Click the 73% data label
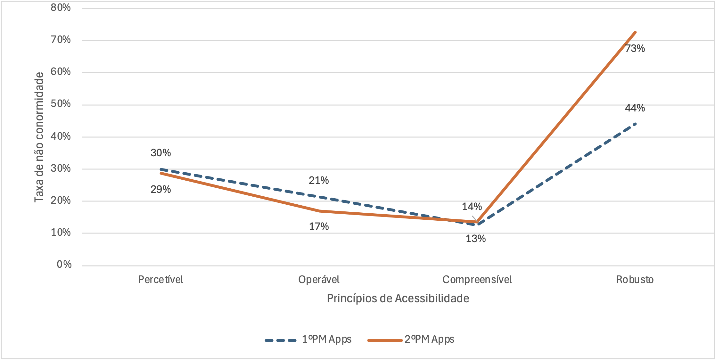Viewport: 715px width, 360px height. point(635,48)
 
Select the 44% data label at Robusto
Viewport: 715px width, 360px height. point(635,108)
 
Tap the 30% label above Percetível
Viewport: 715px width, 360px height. point(160,153)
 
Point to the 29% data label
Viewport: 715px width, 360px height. point(160,189)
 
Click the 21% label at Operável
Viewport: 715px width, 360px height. point(319,180)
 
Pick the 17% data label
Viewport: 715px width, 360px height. point(319,226)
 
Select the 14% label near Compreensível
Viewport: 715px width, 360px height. point(472,207)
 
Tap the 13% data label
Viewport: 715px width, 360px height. point(475,239)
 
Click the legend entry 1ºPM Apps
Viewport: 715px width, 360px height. point(326,339)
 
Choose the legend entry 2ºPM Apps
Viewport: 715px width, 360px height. point(429,339)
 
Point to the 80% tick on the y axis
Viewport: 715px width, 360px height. point(61,7)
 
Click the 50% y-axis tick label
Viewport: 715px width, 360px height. point(61,104)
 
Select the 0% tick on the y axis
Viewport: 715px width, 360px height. point(64,264)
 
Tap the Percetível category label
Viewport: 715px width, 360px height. point(160,280)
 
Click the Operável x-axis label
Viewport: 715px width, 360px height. point(319,280)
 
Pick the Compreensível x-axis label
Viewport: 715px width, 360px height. point(477,280)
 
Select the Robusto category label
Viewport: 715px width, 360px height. point(635,280)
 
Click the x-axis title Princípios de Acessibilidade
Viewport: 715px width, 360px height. point(398,298)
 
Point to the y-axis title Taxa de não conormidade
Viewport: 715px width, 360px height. point(39,137)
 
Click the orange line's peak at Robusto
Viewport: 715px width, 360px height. point(635,32)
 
